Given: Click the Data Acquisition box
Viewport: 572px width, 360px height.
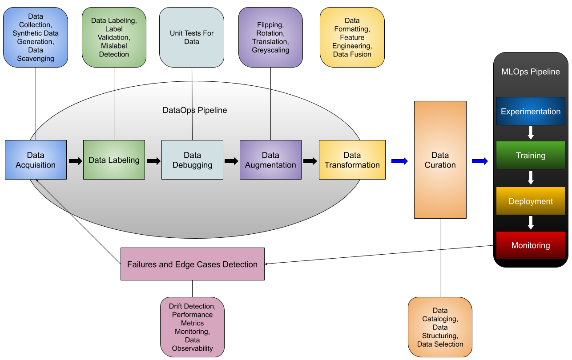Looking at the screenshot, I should click(36, 160).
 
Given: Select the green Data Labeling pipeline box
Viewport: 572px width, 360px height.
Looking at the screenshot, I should click(114, 160).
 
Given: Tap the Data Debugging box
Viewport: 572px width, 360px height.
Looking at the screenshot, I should click(192, 160).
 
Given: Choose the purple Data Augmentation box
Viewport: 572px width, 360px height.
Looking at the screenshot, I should click(270, 160).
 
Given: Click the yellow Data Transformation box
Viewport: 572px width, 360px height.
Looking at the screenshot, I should click(352, 160).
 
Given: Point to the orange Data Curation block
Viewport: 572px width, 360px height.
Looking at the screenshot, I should click(440, 160).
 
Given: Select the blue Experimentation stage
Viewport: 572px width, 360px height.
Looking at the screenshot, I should click(530, 112).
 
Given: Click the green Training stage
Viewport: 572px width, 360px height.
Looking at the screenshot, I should click(530, 156).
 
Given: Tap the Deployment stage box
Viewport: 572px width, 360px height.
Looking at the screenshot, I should click(530, 201).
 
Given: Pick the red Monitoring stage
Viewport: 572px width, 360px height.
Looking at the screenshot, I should click(530, 245).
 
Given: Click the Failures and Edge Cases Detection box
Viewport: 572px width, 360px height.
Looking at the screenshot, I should click(192, 264).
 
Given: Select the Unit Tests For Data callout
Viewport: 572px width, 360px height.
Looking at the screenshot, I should click(192, 37).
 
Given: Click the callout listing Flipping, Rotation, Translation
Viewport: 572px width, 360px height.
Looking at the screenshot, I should click(270, 37).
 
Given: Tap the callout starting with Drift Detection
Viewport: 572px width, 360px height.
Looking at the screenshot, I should click(192, 327).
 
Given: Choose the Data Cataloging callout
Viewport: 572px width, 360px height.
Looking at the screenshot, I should click(440, 327).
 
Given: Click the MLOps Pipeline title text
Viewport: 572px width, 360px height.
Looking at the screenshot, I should click(530, 72).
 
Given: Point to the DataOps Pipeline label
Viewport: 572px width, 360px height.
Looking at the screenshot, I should click(195, 110).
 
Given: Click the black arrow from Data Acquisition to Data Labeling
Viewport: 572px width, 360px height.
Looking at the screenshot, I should click(76, 161).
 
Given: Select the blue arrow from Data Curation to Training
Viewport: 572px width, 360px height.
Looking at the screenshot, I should click(479, 161).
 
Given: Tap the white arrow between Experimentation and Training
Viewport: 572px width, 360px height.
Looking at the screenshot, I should click(530, 132).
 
